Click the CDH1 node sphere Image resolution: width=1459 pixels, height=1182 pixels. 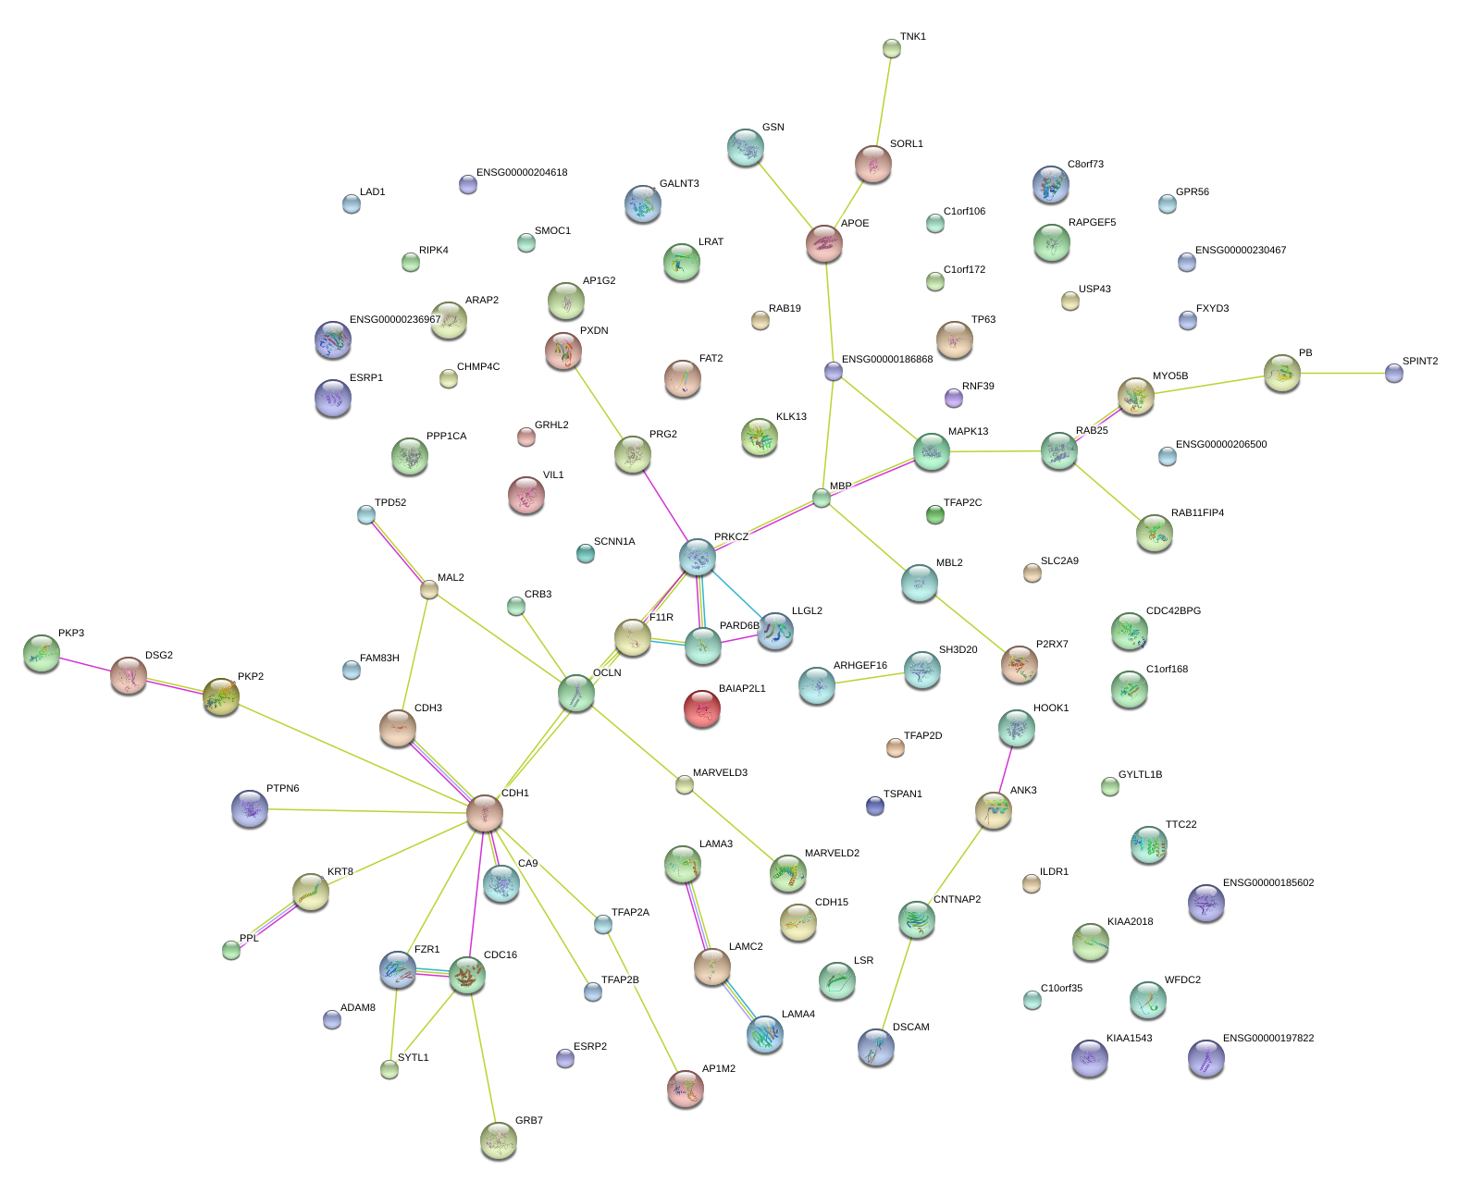[x=484, y=812]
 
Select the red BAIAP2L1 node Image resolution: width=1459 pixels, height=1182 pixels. [x=702, y=708]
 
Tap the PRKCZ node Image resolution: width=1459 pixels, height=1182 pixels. [x=698, y=557]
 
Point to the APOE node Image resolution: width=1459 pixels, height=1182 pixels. [x=823, y=243]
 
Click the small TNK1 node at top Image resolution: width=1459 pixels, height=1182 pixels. [x=892, y=48]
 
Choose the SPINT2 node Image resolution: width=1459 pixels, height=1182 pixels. [x=1394, y=373]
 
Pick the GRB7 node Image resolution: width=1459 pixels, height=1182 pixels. [x=499, y=1139]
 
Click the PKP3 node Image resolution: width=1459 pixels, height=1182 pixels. [x=42, y=653]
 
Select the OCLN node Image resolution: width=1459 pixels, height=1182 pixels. [x=576, y=693]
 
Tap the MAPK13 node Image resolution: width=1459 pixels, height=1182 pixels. [x=932, y=451]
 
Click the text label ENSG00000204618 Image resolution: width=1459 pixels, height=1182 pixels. [x=522, y=173]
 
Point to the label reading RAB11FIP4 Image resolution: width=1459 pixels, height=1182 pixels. [x=1197, y=513]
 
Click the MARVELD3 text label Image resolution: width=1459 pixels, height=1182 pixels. [x=720, y=773]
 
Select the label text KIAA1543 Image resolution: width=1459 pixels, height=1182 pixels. [x=1129, y=1039]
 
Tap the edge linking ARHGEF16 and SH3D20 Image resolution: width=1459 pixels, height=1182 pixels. [x=870, y=678]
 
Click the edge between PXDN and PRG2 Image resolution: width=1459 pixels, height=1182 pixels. [x=599, y=403]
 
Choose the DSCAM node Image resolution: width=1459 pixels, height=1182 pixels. [x=875, y=1046]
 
